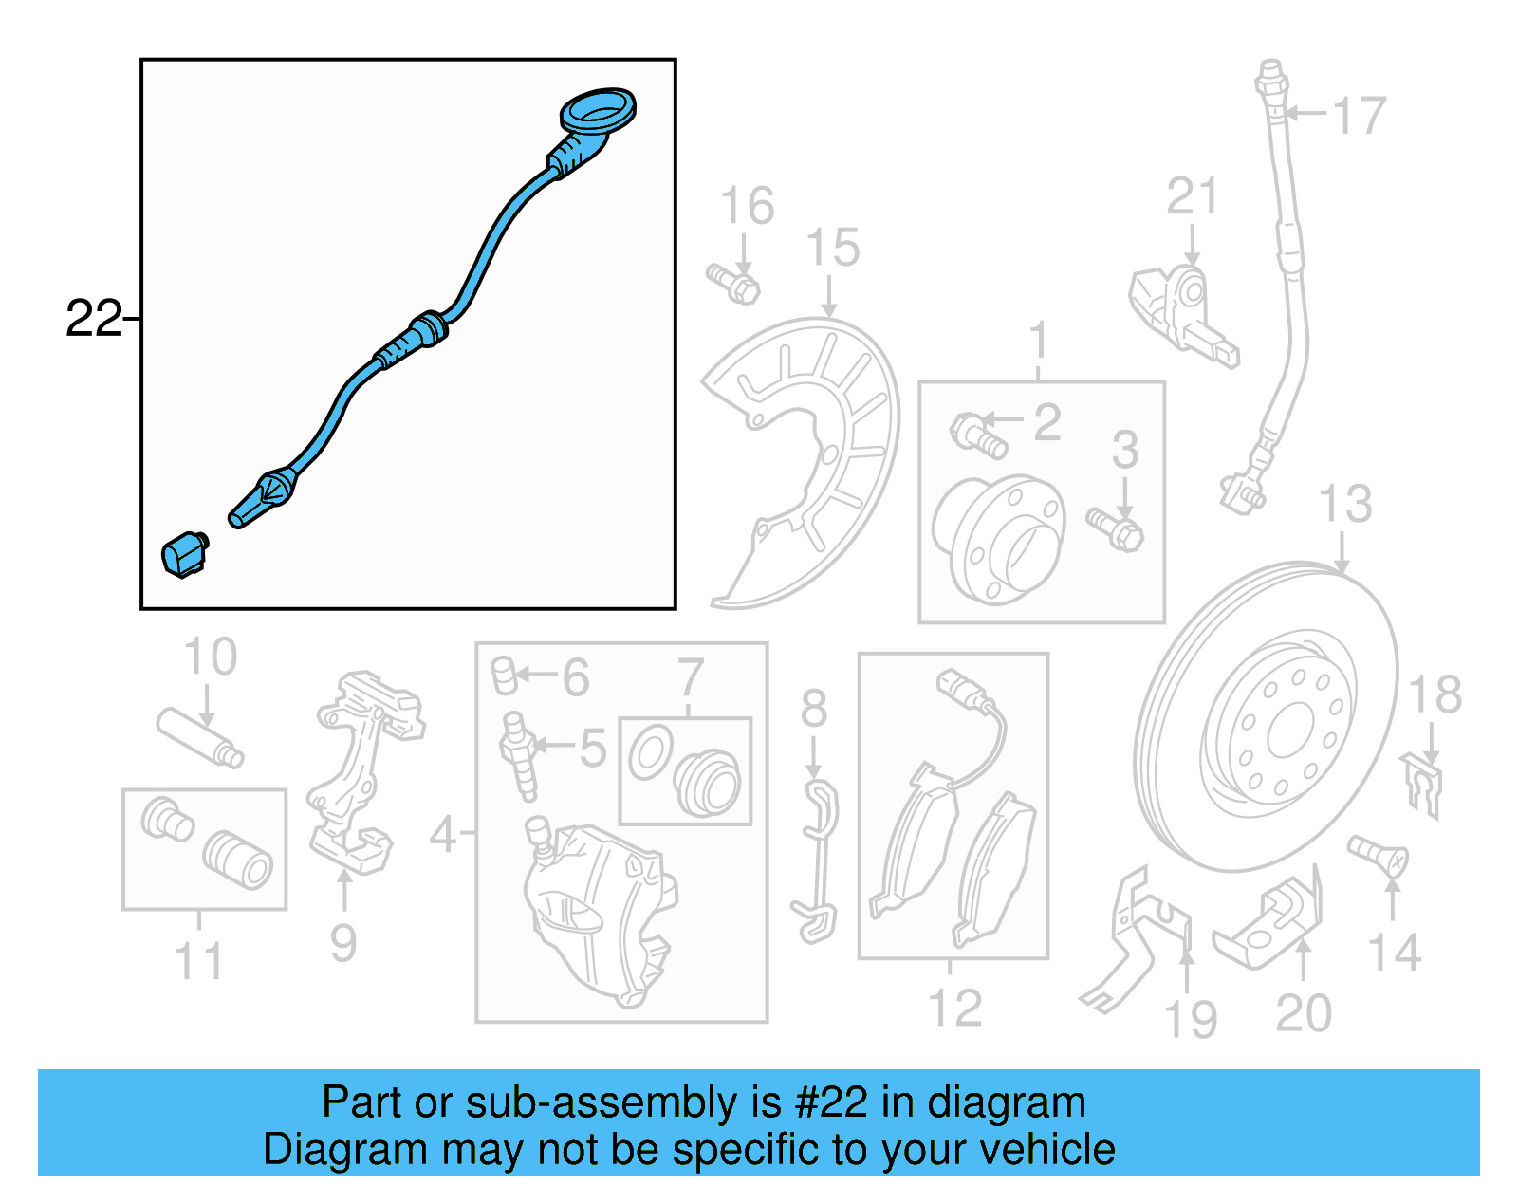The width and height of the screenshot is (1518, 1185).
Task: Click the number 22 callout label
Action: tap(94, 319)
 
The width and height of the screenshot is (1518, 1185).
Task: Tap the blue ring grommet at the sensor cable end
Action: tap(598, 110)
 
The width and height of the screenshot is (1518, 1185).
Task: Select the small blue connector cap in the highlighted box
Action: tap(184, 554)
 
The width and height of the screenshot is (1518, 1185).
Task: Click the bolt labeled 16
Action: tap(733, 284)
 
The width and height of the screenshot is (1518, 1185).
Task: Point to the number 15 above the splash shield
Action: tap(833, 248)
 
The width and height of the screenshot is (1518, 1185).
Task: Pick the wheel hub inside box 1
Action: tap(999, 538)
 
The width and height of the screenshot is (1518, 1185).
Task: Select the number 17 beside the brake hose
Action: tap(1360, 116)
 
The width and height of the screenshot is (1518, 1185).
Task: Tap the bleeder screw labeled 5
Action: tap(518, 755)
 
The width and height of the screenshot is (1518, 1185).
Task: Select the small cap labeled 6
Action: tap(504, 676)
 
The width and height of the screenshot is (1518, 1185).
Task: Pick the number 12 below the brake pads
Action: tap(955, 1008)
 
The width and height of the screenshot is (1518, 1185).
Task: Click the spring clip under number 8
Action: tap(816, 862)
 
